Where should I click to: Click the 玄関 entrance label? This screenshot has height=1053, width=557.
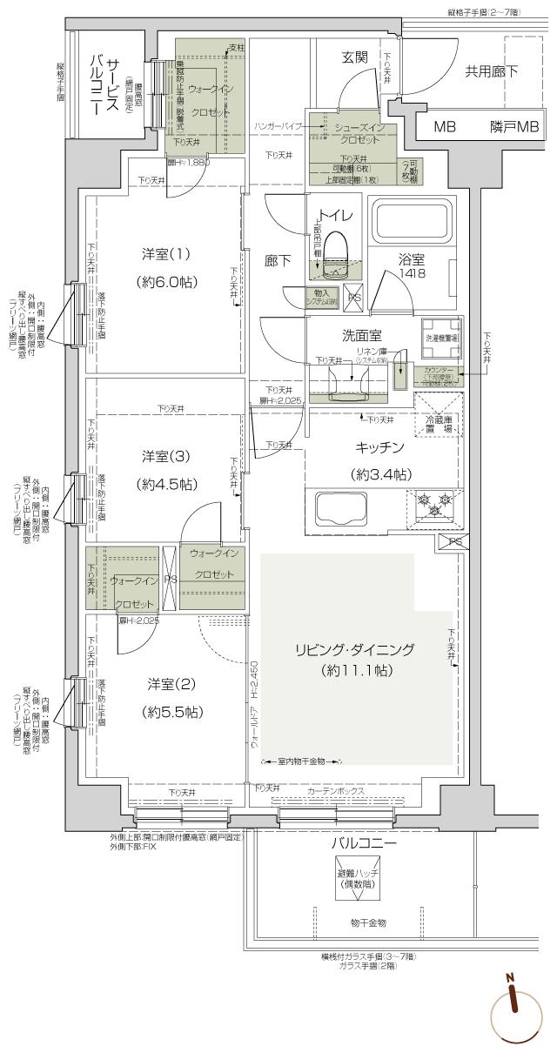click(x=354, y=57)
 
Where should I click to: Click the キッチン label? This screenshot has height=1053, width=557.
click(x=379, y=448)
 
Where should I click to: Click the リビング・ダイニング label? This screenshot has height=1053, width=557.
click(x=366, y=649)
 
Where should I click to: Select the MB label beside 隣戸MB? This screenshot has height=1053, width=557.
click(x=445, y=127)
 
